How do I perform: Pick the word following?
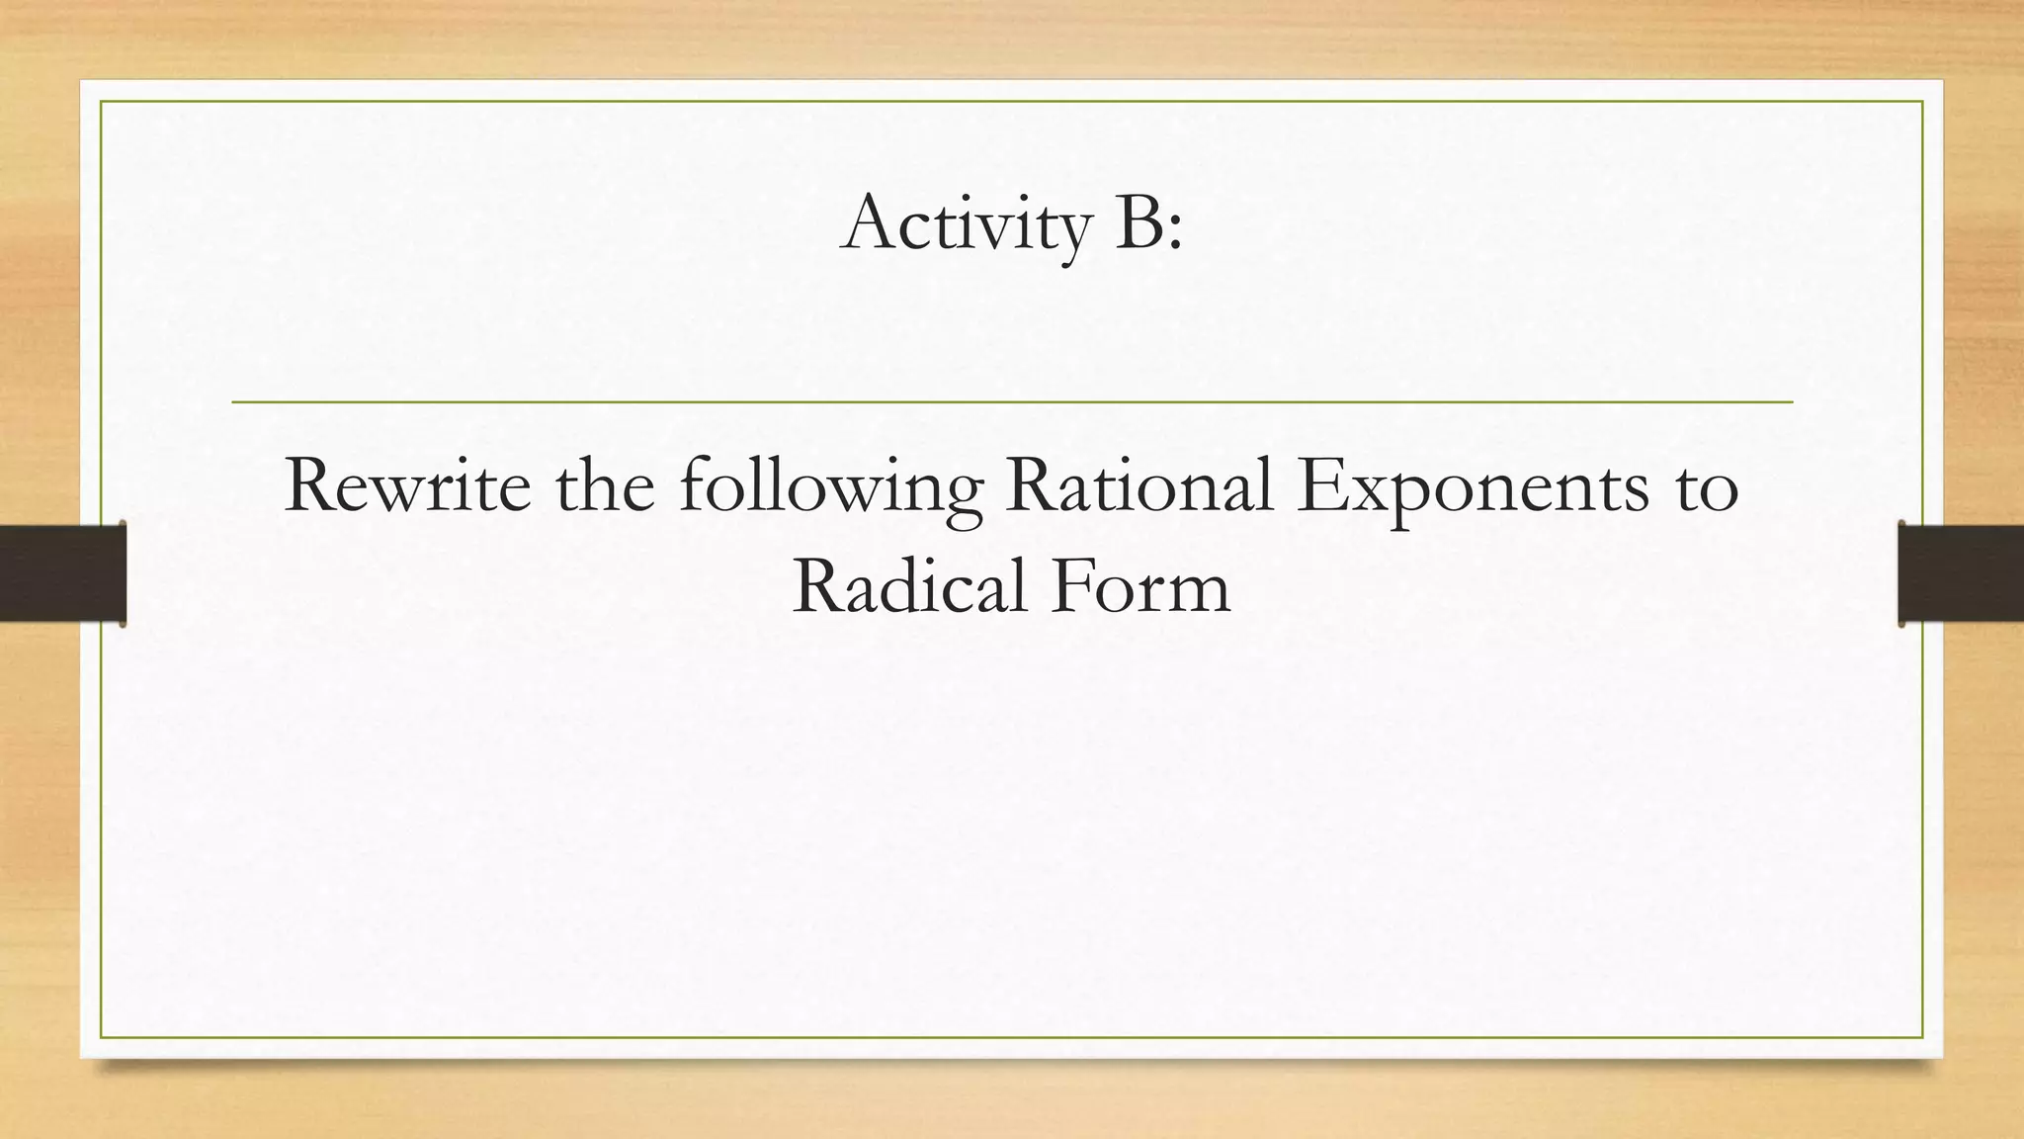click(830, 490)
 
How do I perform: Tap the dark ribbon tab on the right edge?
click(1961, 573)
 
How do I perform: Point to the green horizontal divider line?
click(1012, 402)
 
